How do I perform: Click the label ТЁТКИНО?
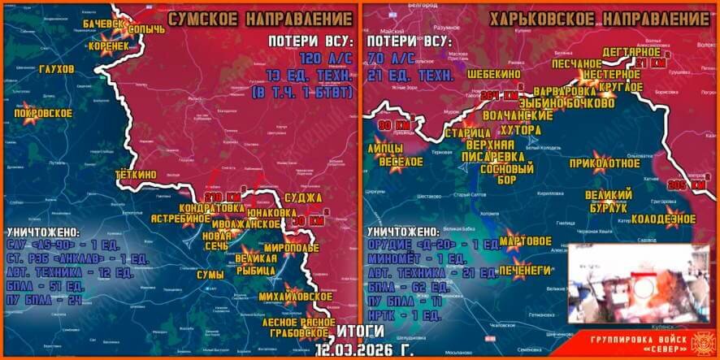click(135, 173)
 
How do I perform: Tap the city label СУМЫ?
click(210, 275)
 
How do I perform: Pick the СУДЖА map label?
click(304, 197)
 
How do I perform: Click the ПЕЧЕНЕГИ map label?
click(526, 269)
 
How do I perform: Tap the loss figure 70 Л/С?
click(391, 59)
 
